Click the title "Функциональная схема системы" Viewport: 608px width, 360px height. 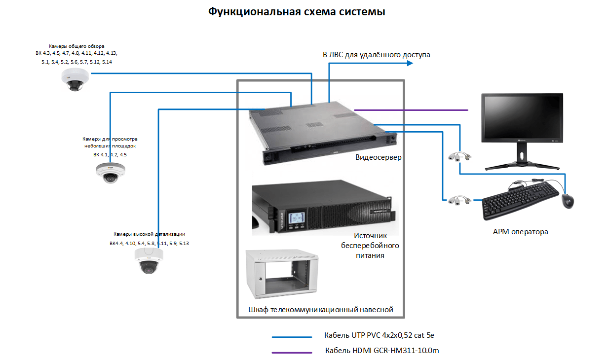296,12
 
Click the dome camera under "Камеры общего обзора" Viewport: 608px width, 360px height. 75,79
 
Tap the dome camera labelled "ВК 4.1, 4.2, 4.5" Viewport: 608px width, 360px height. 110,172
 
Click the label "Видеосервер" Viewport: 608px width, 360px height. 379,158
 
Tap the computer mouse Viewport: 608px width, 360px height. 568,201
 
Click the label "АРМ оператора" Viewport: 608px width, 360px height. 520,231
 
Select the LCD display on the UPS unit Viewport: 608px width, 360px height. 297,217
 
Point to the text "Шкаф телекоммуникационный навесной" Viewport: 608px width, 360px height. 321,310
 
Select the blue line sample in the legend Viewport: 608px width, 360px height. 292,337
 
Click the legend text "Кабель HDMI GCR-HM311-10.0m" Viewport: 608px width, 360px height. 381,351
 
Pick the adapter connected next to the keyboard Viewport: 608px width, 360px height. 460,200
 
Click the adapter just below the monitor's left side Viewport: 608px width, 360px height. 460,156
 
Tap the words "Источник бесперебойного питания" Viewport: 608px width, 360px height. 370,246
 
